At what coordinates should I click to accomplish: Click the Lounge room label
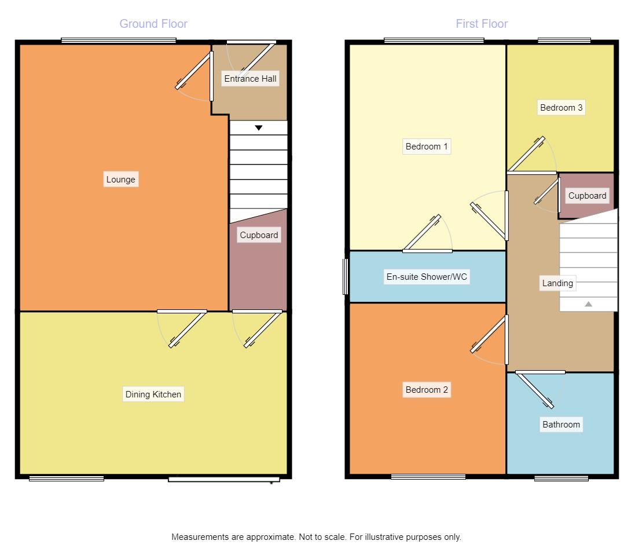[x=120, y=180]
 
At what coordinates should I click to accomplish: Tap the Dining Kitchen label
[x=153, y=394]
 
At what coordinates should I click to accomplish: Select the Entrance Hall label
[x=250, y=79]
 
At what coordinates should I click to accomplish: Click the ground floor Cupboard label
[x=259, y=235]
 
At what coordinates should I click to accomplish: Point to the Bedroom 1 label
[x=427, y=147]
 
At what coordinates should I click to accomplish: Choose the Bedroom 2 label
[x=427, y=390]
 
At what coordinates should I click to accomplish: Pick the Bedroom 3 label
[x=561, y=108]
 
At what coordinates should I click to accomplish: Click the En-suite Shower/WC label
[x=427, y=277]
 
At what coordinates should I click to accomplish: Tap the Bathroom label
[x=561, y=425]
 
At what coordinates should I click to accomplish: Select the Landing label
[x=557, y=283]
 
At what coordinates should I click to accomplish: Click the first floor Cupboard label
[x=587, y=196]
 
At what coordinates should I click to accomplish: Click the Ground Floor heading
[x=153, y=24]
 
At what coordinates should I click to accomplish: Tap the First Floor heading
[x=482, y=24]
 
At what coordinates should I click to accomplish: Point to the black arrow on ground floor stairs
[x=259, y=128]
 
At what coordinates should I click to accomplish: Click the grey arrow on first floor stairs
[x=588, y=304]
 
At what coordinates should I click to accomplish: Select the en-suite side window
[x=346, y=276]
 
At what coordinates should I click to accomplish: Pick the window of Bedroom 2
[x=428, y=477]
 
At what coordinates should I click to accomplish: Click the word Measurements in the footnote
[x=200, y=537]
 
